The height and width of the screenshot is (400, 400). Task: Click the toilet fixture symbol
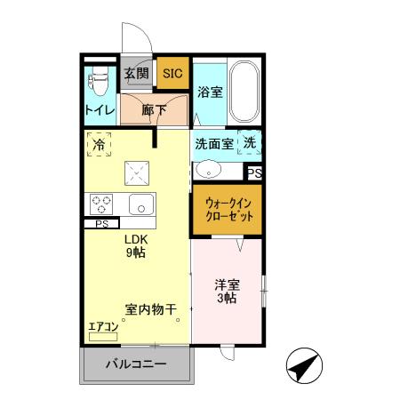click(x=98, y=84)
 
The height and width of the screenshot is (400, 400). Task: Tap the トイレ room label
click(x=98, y=110)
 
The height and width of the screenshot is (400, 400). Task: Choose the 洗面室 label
click(x=213, y=143)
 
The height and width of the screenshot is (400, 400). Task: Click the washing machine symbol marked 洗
click(x=251, y=143)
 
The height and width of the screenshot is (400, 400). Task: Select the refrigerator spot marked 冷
click(x=99, y=143)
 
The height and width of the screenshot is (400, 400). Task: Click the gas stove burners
click(x=100, y=204)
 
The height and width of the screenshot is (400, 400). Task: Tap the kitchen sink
click(x=141, y=204)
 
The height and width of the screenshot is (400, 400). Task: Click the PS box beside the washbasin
click(x=254, y=172)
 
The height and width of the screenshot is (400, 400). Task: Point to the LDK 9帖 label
click(x=135, y=246)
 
